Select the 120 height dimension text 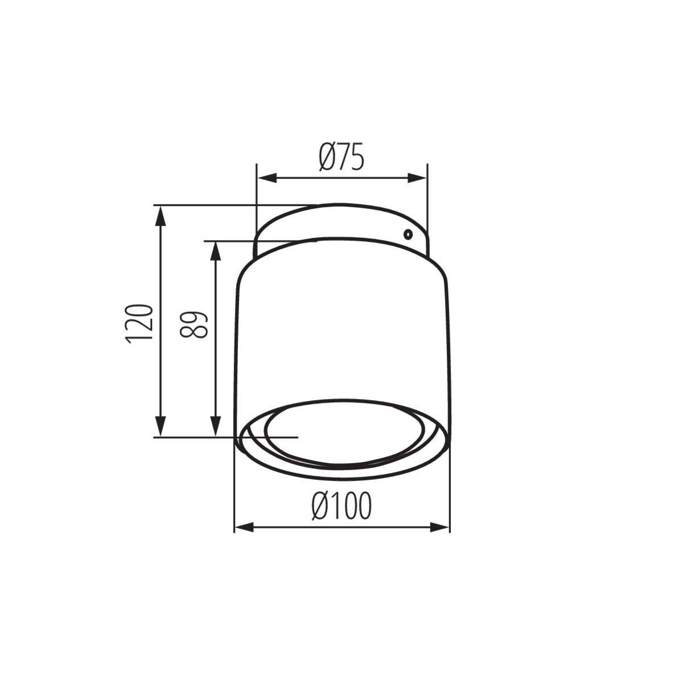[x=140, y=323]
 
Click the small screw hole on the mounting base [x=408, y=234]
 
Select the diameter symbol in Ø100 [x=322, y=505]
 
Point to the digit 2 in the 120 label [x=140, y=323]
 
